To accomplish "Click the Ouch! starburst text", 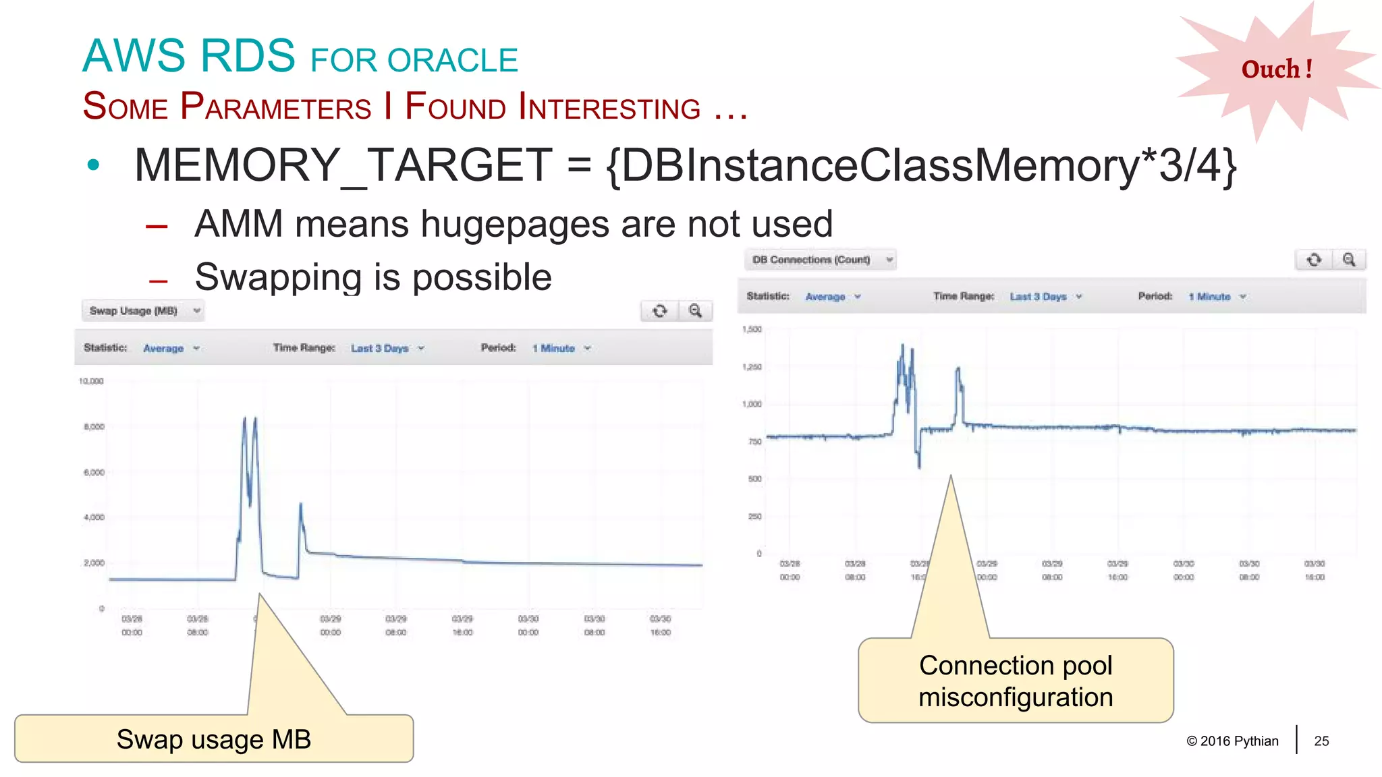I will point(1277,69).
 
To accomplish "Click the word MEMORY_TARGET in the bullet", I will point(343,165).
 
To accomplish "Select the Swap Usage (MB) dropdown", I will point(142,311).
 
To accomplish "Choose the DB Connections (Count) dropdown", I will point(820,260).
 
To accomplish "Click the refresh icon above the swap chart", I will point(659,311).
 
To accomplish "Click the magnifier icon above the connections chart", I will point(1348,260).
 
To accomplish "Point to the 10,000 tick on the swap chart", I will point(92,381).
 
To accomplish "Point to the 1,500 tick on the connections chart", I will point(752,329).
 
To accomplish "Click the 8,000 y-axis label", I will point(94,427).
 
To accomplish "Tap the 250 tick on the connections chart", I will point(754,517).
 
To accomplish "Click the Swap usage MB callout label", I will point(213,739).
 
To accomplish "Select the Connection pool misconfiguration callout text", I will point(1015,681).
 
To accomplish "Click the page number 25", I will point(1321,741).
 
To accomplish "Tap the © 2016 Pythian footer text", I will point(1232,741).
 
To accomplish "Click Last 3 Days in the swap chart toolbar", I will point(380,348).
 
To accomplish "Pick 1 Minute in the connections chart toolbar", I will point(1210,297).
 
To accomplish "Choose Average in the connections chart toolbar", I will point(825,297).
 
